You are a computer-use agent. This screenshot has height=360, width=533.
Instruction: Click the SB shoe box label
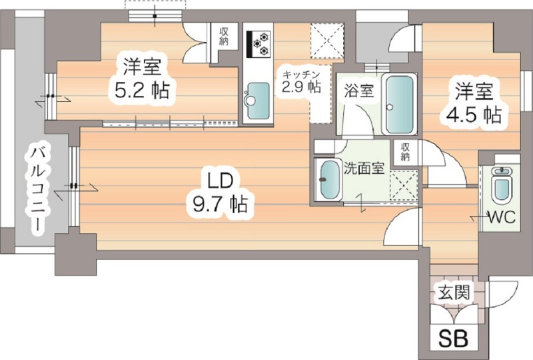pyautogui.click(x=452, y=338)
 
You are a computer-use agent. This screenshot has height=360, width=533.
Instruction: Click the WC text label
pyautogui.click(x=500, y=217)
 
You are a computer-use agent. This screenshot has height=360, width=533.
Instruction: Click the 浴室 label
pyautogui.click(x=358, y=91)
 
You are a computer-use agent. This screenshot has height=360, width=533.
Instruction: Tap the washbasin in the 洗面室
pyautogui.click(x=328, y=179)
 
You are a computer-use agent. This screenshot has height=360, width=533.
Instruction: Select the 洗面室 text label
pyautogui.click(x=363, y=168)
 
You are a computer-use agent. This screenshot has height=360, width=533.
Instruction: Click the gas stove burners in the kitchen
pyautogui.click(x=258, y=43)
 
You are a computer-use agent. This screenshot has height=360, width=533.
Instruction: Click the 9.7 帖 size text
pyautogui.click(x=221, y=203)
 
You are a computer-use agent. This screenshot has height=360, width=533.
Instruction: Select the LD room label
pyautogui.click(x=219, y=180)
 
